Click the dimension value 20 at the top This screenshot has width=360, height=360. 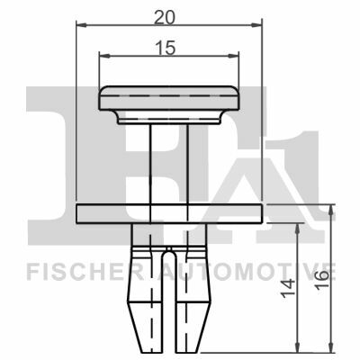164,17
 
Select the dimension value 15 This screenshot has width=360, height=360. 165,48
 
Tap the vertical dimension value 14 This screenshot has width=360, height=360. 288,288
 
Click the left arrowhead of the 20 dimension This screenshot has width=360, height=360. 81,25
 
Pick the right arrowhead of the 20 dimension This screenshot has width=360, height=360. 256,25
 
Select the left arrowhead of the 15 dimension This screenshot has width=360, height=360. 103,56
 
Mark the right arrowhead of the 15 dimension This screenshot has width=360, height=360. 234,56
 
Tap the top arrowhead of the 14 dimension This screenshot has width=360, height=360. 297,229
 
